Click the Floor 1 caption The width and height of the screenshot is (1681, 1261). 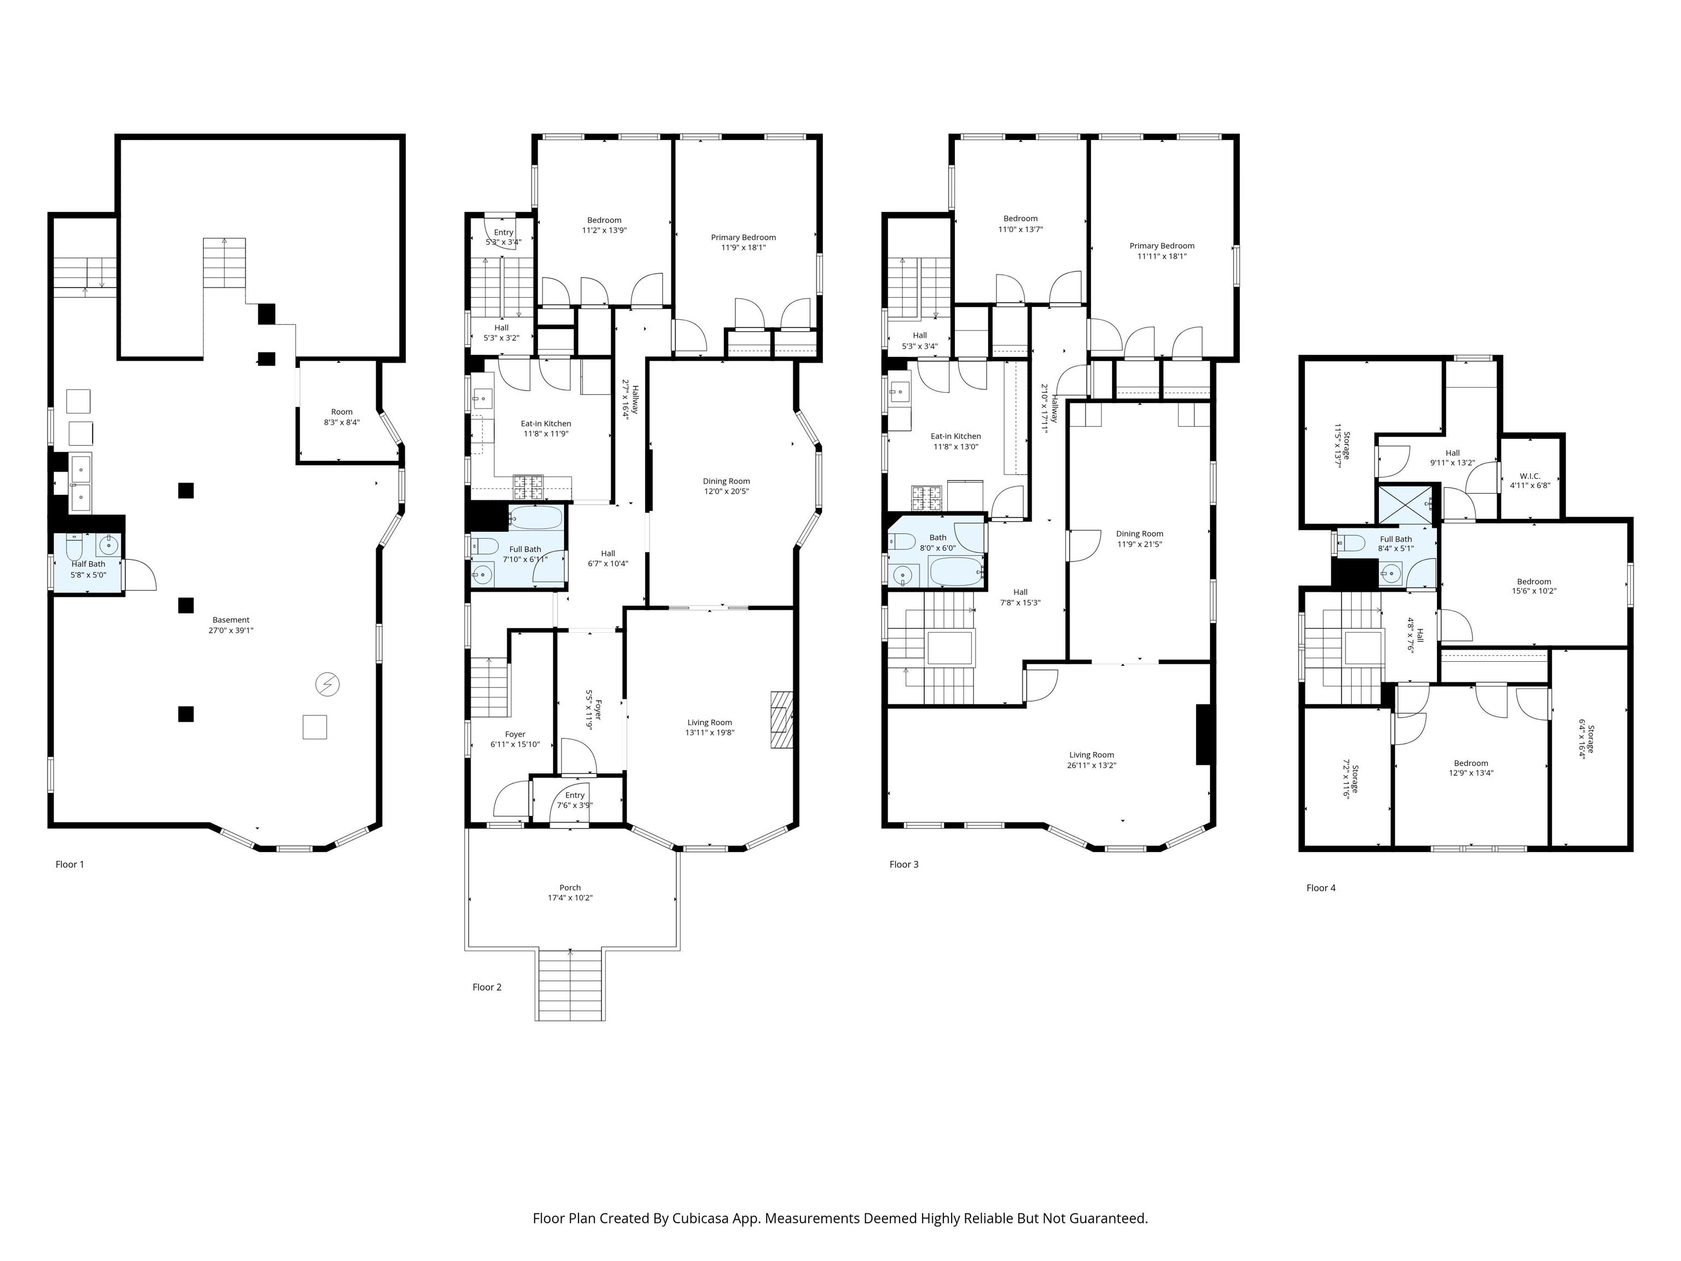tap(70, 864)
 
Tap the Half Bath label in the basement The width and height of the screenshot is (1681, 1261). tap(88, 564)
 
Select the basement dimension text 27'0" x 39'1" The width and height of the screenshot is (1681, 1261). tap(231, 630)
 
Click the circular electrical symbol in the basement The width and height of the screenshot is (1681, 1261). tap(328, 685)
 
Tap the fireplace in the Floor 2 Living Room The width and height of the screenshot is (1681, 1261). tap(781, 719)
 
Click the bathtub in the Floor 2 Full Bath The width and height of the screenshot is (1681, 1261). tap(535, 518)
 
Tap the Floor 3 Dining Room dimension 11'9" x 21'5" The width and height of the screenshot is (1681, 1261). tap(1139, 544)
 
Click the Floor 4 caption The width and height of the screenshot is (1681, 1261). tap(1321, 888)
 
